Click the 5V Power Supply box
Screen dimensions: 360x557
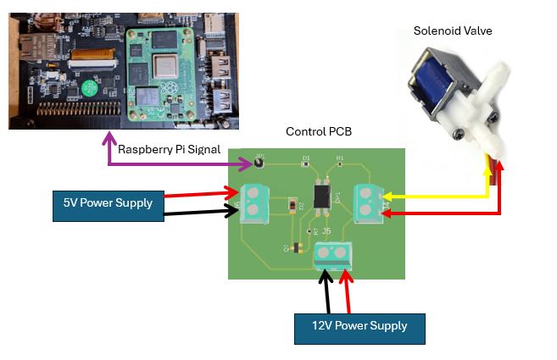[x=108, y=203]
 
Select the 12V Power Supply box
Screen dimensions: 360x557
[x=359, y=325]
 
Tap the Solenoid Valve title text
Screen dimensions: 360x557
[x=452, y=31]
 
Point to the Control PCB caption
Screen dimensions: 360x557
[x=319, y=132]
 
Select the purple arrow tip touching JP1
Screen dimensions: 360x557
[x=249, y=161]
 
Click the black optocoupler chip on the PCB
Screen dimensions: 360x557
[x=322, y=196]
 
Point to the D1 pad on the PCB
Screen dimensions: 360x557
[x=306, y=160]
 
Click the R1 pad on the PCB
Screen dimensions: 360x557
[x=340, y=160]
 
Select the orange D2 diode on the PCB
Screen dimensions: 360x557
[x=292, y=204]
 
